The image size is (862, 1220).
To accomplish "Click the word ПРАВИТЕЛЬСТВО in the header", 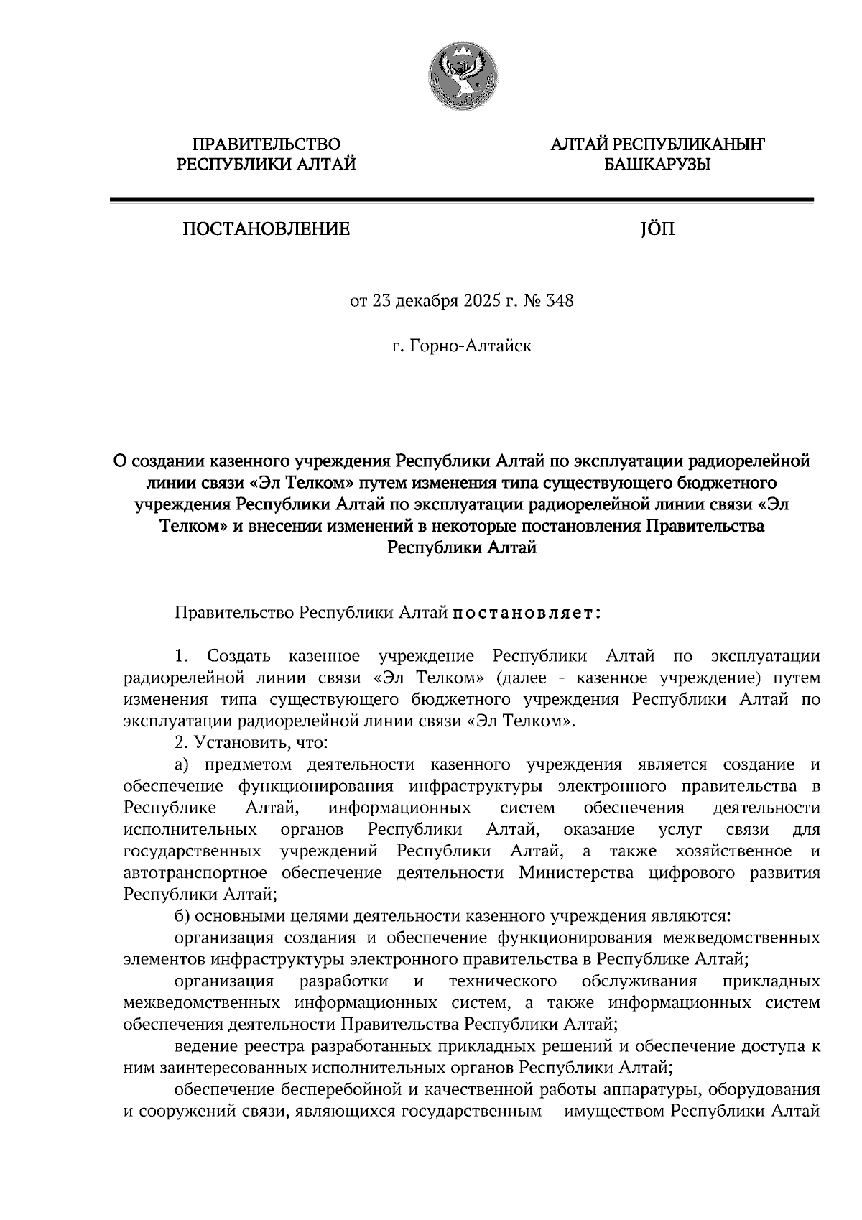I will pyautogui.click(x=267, y=145).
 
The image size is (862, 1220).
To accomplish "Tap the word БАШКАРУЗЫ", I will pyautogui.click(x=657, y=165).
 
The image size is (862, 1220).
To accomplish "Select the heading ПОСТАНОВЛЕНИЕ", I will pyautogui.click(x=267, y=229).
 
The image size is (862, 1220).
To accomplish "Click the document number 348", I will pyautogui.click(x=560, y=300).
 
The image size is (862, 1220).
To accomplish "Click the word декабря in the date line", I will pyautogui.click(x=425, y=300).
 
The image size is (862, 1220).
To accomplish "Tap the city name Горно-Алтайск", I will pyautogui.click(x=471, y=346).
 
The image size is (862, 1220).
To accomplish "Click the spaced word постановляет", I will pyautogui.click(x=525, y=613).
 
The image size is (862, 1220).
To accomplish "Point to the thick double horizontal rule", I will pyautogui.click(x=460, y=202).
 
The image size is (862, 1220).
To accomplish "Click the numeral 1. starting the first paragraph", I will pyautogui.click(x=181, y=655).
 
